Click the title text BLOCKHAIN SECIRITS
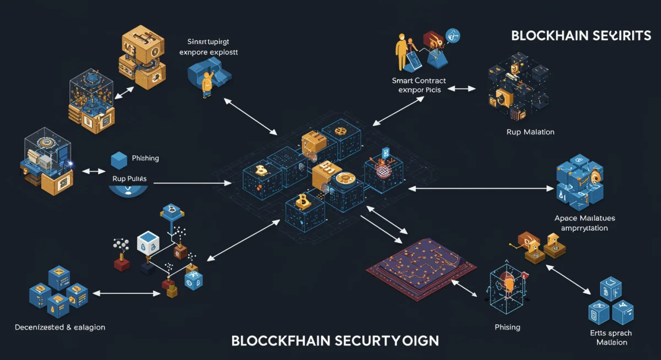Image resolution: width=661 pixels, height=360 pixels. tap(581, 36)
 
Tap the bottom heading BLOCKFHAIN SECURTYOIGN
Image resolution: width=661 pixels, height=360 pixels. tap(334, 340)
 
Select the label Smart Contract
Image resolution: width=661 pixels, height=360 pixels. tap(418, 80)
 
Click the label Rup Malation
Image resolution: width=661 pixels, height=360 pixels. tap(530, 132)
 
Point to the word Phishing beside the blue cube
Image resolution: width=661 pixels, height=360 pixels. tap(145, 159)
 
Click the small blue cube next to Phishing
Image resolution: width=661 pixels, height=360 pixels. tap(119, 160)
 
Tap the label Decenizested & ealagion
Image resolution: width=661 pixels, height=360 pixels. tap(59, 327)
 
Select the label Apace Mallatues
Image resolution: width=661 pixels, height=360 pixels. tap(584, 219)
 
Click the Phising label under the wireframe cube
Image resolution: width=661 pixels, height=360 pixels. tap(507, 327)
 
